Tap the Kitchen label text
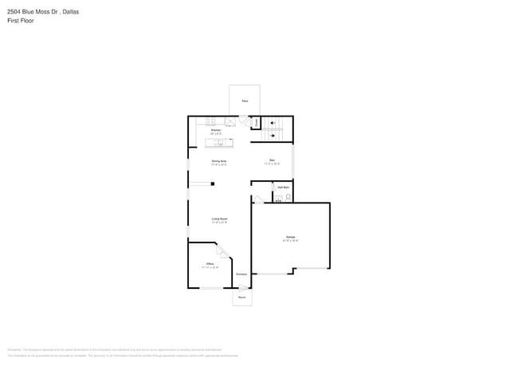pos(216,130)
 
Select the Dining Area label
pos(219,161)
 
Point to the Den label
pos(272,161)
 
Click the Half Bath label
pos(283,187)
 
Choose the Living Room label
pos(220,219)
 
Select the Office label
pos(210,264)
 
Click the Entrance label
pos(241,274)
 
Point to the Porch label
pos(241,297)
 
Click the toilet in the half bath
pos(288,195)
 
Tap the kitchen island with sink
pos(220,143)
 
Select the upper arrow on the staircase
pos(273,122)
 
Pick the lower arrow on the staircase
pos(273,135)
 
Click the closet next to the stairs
pos(256,122)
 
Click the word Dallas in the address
pos(69,12)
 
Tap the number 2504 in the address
pos(14,12)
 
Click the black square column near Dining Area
pos(213,183)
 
